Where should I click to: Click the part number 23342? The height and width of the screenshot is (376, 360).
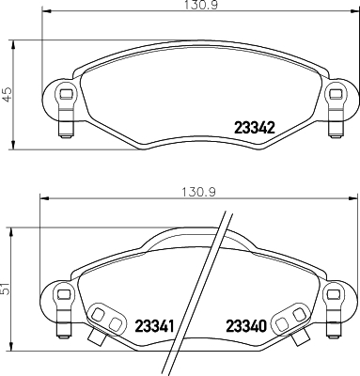click(253, 128)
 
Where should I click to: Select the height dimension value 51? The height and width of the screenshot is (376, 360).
click(7, 290)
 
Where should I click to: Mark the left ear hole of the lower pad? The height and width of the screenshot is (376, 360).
click(63, 296)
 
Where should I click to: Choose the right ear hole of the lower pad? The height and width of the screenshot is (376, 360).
click(333, 296)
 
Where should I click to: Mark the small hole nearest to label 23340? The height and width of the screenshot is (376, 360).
click(281, 322)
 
